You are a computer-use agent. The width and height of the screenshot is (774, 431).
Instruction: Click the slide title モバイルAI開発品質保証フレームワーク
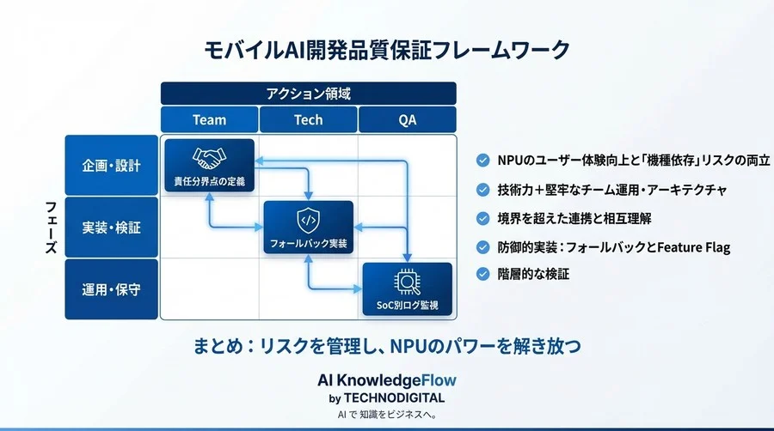click(386, 50)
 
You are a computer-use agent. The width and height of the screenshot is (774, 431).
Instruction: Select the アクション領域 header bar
click(308, 94)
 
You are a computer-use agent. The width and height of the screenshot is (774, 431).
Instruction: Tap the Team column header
click(209, 120)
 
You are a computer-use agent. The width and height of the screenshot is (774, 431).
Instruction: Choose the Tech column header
click(308, 120)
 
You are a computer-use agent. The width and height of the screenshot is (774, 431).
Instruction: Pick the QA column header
click(407, 120)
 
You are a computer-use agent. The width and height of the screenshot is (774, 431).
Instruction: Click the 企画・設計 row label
click(111, 165)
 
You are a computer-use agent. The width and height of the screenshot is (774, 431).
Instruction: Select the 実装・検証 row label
click(111, 228)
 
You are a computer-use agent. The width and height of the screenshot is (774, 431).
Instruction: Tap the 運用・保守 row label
click(111, 289)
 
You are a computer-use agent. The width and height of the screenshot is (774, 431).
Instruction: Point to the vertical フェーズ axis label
click(51, 228)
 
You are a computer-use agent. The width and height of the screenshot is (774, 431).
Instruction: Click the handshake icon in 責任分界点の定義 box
click(209, 158)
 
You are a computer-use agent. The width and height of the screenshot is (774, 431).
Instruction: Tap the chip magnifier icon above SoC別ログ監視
click(407, 282)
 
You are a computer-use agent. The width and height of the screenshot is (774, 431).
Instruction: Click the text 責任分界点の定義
click(209, 181)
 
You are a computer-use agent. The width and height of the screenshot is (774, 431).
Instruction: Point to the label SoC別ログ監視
click(407, 305)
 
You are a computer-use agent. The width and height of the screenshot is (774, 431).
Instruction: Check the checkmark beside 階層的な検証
click(482, 274)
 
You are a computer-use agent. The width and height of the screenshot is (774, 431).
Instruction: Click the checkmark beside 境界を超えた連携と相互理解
click(482, 218)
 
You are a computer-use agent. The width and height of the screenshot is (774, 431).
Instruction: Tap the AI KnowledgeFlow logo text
click(386, 379)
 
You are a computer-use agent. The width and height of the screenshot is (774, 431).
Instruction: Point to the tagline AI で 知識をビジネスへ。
click(386, 416)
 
